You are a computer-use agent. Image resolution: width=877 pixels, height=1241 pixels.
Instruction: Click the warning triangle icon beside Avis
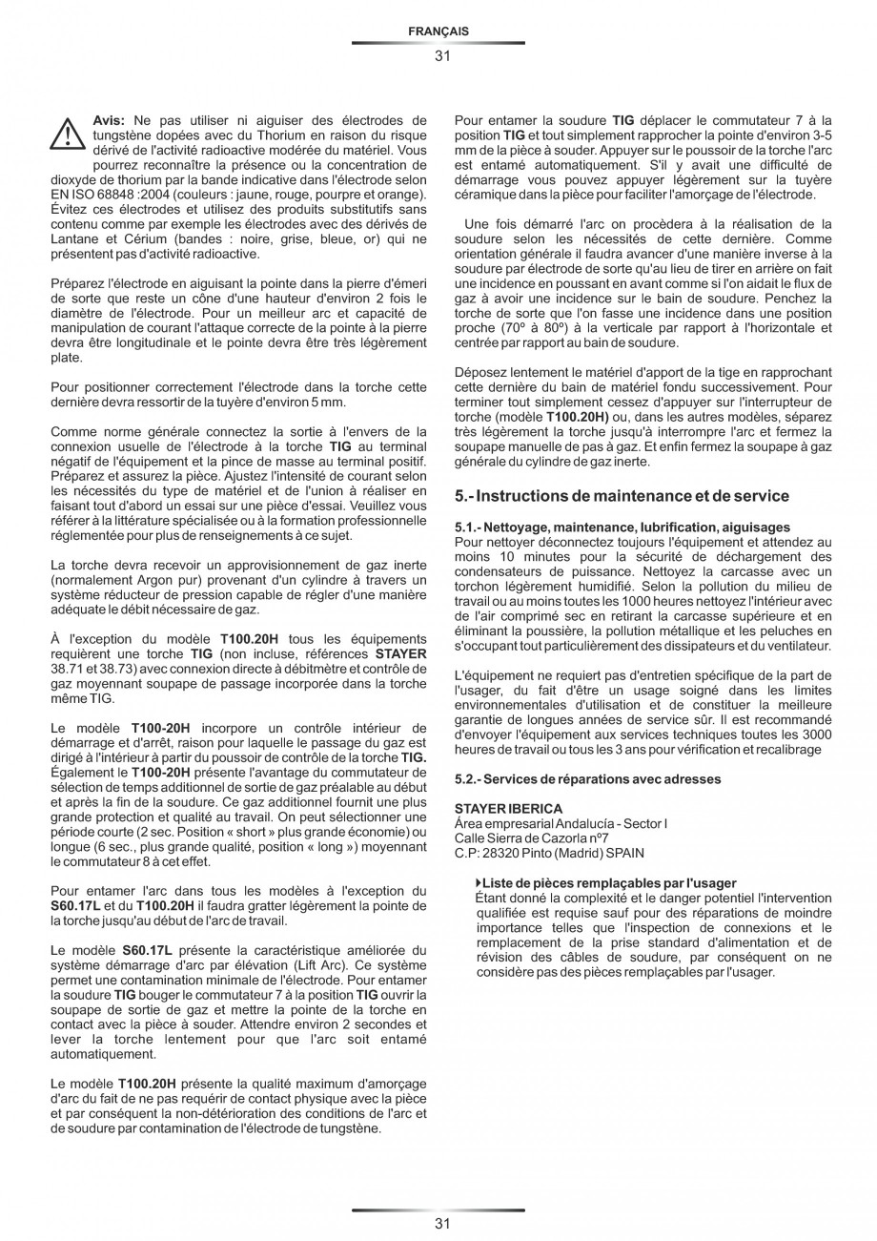pos(67,134)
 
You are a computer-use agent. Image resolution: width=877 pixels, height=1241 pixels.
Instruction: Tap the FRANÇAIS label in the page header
pos(438,31)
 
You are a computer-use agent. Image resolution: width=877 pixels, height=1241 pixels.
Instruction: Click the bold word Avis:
pos(110,120)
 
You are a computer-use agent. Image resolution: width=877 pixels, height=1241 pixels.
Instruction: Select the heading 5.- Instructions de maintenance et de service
pos(622,496)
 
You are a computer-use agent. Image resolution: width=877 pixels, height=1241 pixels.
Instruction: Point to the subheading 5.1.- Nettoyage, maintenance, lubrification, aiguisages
pos(622,527)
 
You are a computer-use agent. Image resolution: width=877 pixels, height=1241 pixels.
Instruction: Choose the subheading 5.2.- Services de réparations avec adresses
pos(588,779)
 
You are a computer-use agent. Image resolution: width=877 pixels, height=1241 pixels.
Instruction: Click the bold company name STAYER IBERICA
pos(509,809)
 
